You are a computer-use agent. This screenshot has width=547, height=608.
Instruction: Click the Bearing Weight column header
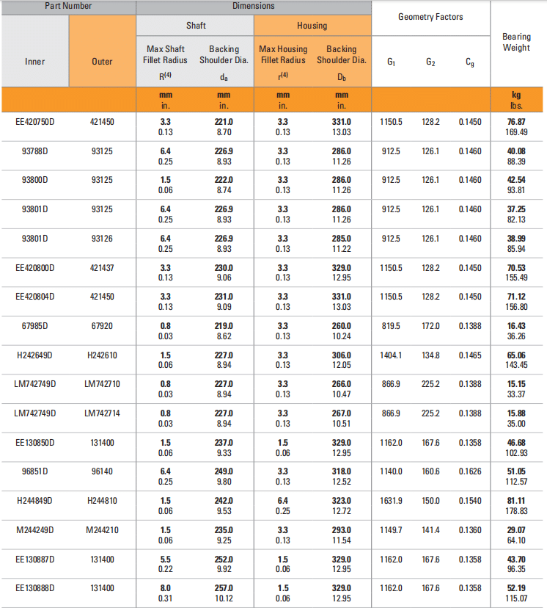pyautogui.click(x=516, y=43)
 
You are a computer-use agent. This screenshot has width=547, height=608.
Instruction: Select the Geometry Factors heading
pyautogui.click(x=430, y=17)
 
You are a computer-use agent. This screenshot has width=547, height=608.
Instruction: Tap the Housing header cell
pyautogui.click(x=312, y=26)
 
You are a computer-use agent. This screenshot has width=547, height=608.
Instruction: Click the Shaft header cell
pyautogui.click(x=196, y=26)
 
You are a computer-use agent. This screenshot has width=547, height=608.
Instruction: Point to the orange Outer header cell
pyautogui.click(x=103, y=62)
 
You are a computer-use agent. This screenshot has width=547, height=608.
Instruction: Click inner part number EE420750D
pyautogui.click(x=34, y=122)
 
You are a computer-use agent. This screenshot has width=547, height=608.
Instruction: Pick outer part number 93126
pyautogui.click(x=103, y=239)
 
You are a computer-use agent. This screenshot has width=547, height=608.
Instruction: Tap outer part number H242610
pyautogui.click(x=103, y=355)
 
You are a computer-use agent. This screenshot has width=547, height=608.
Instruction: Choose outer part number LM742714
pyautogui.click(x=103, y=413)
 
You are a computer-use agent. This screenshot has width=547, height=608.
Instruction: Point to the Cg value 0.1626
pyautogui.click(x=470, y=471)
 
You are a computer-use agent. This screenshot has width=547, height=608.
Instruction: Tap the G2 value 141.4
pyautogui.click(x=430, y=530)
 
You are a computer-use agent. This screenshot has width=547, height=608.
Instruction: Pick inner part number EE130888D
pyautogui.click(x=34, y=588)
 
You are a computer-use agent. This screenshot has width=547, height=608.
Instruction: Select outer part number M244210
pyautogui.click(x=103, y=530)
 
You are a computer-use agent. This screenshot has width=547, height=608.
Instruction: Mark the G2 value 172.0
pyautogui.click(x=430, y=326)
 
